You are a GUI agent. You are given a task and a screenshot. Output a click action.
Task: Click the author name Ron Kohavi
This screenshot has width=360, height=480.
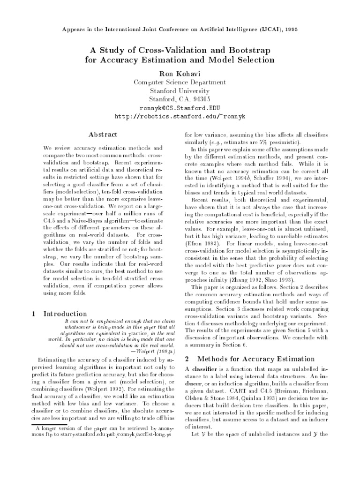pyautogui.click(x=180, y=74)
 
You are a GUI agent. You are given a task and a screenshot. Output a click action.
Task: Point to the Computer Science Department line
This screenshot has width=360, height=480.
pyautogui.click(x=180, y=82)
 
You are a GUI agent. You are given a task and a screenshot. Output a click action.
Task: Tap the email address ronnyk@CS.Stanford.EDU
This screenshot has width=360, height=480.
pyautogui.click(x=180, y=107)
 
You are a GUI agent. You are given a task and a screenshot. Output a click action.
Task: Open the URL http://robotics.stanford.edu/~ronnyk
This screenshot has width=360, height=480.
pyautogui.click(x=180, y=116)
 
